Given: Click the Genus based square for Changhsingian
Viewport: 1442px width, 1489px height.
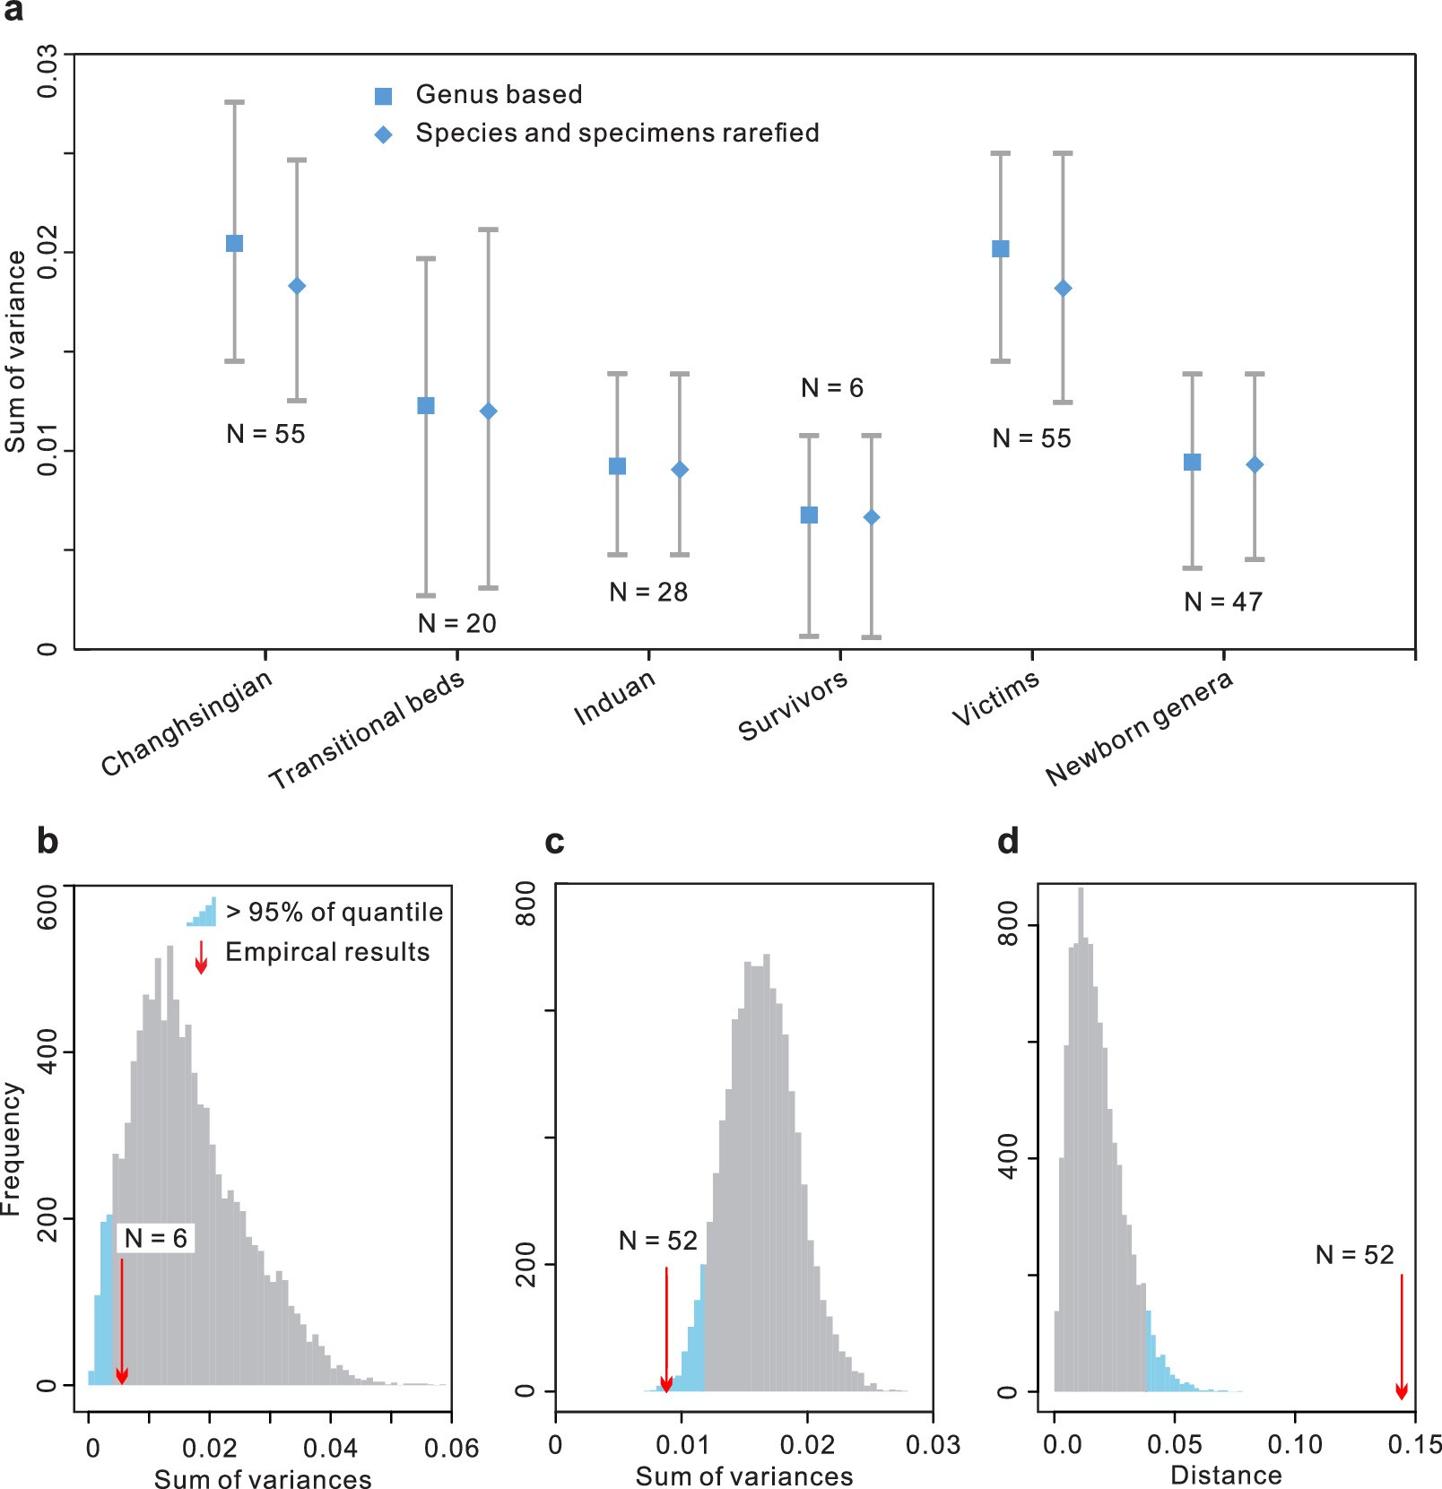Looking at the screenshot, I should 234,244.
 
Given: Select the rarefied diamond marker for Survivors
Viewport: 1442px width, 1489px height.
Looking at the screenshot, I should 871,517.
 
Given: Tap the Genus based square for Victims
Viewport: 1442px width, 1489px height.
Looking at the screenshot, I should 1001,248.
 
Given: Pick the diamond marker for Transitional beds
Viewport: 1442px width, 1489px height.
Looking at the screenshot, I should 488,411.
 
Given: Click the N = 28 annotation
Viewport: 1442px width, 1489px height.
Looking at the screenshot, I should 648,593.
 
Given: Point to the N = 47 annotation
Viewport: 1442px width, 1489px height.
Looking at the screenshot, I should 1223,602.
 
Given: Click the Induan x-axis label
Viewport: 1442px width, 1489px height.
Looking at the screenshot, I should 615,698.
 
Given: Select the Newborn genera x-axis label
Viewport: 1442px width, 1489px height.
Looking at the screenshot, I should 1140,729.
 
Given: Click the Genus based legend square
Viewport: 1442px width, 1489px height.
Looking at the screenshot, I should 384,96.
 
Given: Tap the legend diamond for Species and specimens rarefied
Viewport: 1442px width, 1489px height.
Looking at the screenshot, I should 384,134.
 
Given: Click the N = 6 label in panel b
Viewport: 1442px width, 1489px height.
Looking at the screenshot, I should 156,1238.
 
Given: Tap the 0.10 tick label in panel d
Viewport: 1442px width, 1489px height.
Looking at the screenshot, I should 1294,1445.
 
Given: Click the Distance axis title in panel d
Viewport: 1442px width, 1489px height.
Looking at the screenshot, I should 1226,1475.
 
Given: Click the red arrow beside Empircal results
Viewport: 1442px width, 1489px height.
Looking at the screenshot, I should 202,957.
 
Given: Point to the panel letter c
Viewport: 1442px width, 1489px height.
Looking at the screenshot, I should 554,842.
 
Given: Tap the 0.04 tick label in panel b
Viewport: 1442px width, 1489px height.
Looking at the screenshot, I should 330,1448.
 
